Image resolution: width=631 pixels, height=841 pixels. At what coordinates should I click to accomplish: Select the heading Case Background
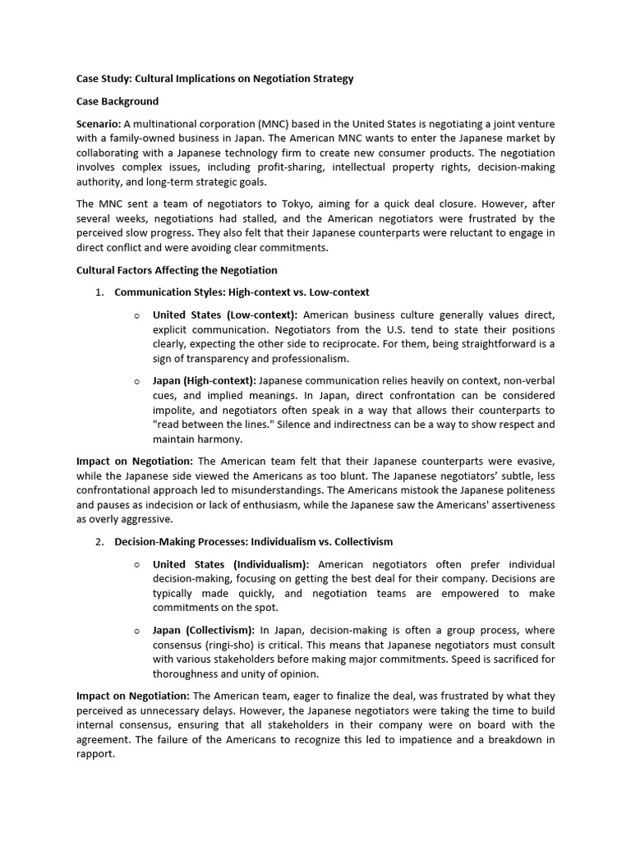coord(117,102)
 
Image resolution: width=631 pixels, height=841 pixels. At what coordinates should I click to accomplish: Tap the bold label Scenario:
coord(98,124)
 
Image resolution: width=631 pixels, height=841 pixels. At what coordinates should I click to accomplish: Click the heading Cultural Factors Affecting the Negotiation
coord(177,270)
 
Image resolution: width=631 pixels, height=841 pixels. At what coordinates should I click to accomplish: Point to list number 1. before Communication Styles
coord(99,292)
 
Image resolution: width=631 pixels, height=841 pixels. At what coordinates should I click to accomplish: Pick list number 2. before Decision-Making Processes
coord(99,542)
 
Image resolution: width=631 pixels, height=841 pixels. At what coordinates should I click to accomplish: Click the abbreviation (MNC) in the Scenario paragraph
coord(270,124)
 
